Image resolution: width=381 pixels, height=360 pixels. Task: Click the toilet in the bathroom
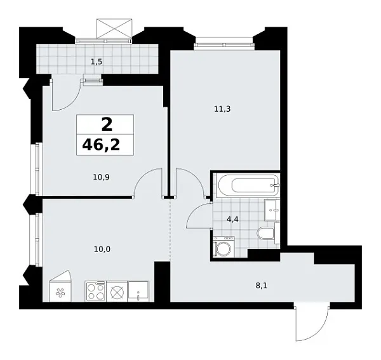tap(265, 233)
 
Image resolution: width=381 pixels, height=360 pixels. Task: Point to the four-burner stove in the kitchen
tap(95, 292)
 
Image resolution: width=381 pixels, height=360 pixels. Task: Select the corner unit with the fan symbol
tap(62, 291)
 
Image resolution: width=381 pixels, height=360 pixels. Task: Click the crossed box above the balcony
tap(114, 29)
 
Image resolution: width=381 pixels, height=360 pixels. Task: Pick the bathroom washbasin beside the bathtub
tap(271, 208)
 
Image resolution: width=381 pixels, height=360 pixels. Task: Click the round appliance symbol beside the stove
tap(117, 292)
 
